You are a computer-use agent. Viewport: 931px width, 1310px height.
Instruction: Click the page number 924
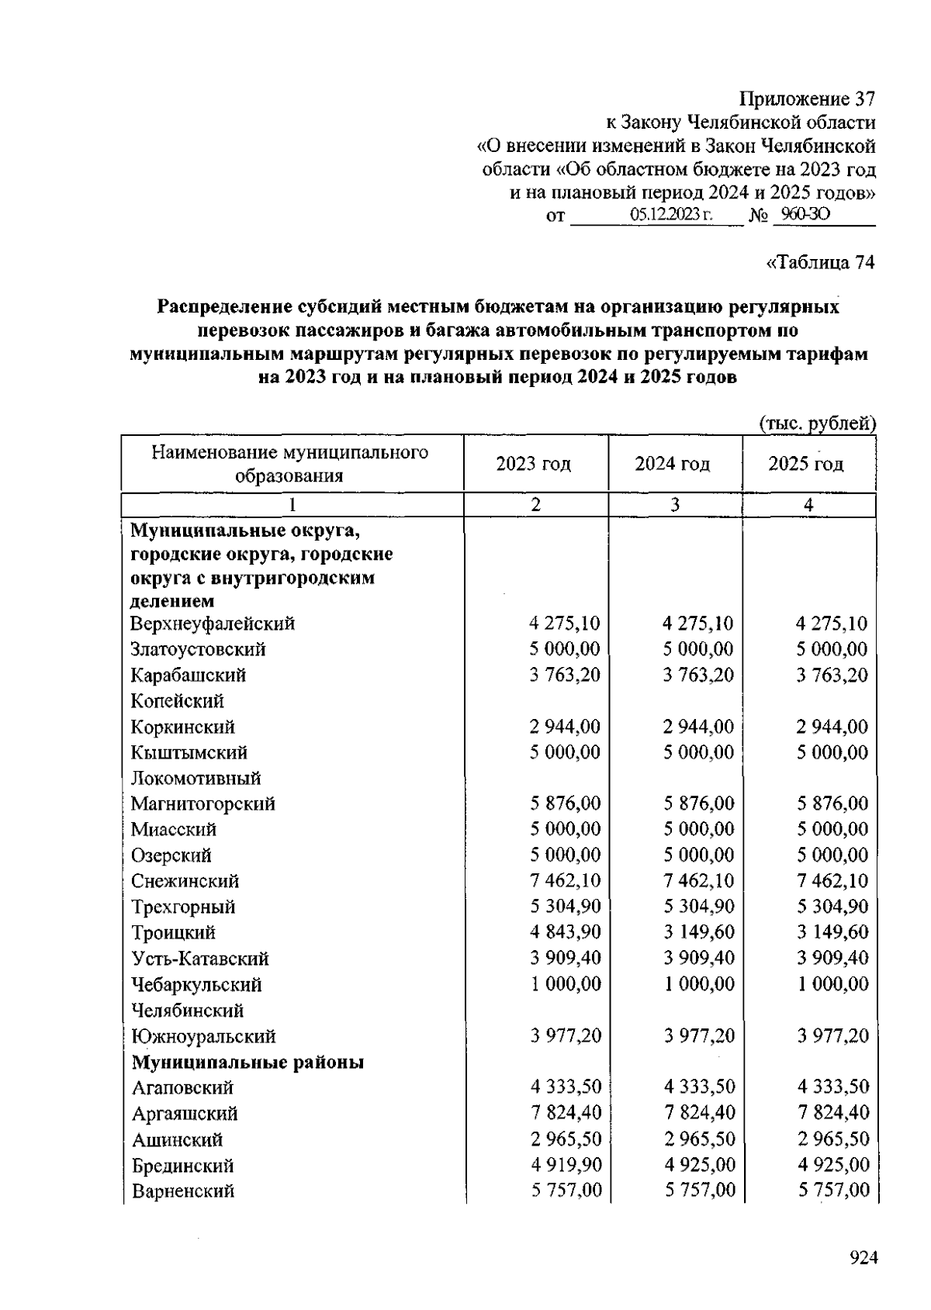pos(862,1258)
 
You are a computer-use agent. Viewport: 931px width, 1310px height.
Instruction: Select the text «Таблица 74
pos(820,263)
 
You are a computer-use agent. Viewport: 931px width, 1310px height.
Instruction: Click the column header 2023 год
pos(534,464)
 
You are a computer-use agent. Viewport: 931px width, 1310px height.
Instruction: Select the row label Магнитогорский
pos(202,804)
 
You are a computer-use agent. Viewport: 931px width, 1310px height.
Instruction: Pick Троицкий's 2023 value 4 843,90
pos(566,932)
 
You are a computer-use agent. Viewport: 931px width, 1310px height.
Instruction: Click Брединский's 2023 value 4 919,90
pos(566,1164)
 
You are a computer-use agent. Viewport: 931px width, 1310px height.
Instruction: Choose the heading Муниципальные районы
pos(247,1062)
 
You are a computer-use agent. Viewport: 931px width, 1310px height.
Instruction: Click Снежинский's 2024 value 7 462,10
pos(698,880)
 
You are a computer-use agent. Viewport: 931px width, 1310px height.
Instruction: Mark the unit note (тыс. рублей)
pos(816,423)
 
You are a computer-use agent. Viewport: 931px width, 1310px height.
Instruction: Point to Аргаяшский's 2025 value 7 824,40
pos(832,1113)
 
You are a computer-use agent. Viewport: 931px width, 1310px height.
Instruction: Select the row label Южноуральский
pos(203,1036)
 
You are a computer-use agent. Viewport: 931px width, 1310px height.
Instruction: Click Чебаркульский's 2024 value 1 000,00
pos(698,983)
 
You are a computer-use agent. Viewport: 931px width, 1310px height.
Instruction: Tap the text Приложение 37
pos(807,99)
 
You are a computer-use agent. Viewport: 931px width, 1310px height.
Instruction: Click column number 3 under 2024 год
pos(675,505)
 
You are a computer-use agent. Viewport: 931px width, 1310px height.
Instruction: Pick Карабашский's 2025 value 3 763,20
pos(832,675)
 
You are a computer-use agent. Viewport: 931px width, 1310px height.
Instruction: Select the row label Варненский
pos(182,1191)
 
